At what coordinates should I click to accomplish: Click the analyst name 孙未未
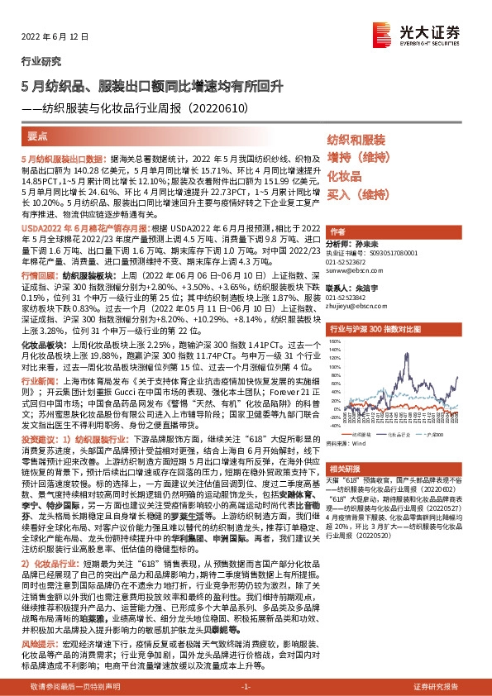(x=368, y=245)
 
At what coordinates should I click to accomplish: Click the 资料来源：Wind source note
(x=346, y=442)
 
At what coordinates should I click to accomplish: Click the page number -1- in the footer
(x=246, y=687)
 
